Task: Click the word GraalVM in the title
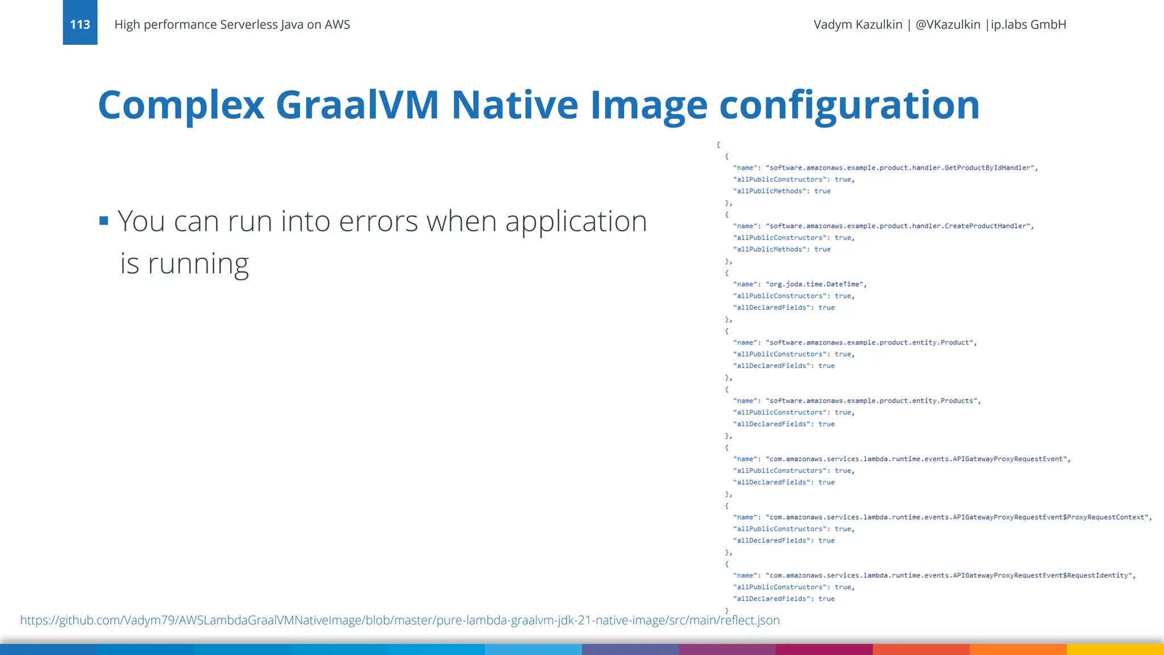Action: pos(357,105)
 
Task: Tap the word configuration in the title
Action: pos(849,105)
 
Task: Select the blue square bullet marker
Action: pos(103,221)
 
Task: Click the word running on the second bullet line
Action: pos(198,264)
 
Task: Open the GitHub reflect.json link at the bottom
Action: pos(400,620)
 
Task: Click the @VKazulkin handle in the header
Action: pos(947,24)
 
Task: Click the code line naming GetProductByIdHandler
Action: pos(885,168)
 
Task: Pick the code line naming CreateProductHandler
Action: pos(883,226)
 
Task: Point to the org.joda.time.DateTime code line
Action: pos(800,284)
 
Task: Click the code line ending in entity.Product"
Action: pos(855,342)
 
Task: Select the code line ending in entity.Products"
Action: pos(857,401)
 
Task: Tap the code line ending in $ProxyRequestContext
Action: pos(942,517)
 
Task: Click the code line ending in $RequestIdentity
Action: pos(934,575)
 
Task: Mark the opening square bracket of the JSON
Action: pos(718,145)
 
